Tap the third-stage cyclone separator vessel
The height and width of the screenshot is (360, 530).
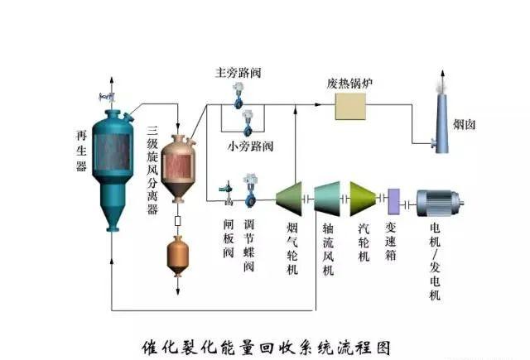(x=177, y=166)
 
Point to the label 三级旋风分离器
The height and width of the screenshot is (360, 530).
(x=152, y=170)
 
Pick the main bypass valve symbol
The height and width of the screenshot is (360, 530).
(x=238, y=98)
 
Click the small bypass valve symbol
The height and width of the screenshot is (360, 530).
(x=246, y=125)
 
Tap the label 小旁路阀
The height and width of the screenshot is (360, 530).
(x=251, y=146)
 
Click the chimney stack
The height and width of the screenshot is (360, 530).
(x=441, y=124)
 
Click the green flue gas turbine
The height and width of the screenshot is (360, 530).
(x=290, y=199)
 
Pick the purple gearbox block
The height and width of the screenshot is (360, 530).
(x=394, y=199)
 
